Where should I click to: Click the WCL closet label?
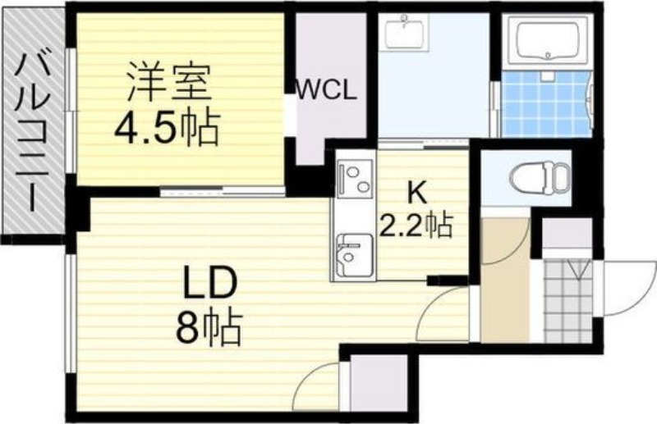326,90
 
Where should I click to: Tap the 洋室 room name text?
168,82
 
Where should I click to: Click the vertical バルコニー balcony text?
32,134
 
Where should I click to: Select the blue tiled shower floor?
546,104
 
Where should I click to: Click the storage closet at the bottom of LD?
379,382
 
